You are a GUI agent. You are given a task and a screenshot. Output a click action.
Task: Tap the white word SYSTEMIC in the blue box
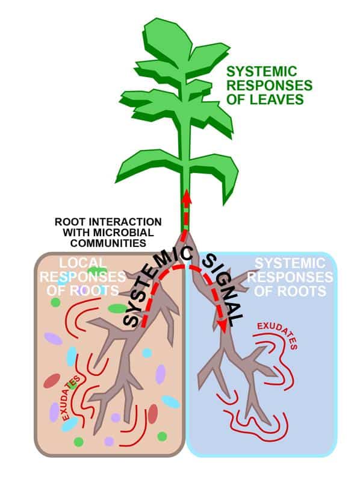tap(290, 263)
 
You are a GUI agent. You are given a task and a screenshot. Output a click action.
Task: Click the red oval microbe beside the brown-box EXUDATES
tap(52, 381)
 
